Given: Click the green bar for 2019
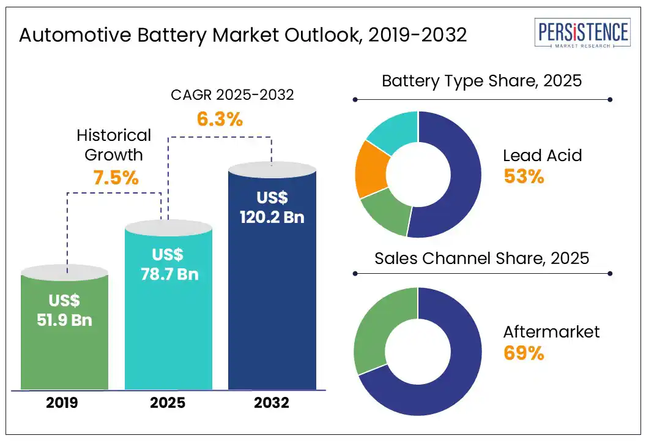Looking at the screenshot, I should tap(65, 355).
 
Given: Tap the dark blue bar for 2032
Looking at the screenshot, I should tap(272, 306).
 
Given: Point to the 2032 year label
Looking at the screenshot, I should tap(272, 404).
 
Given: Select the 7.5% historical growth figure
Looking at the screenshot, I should tap(116, 178).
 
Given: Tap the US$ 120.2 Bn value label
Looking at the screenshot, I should tap(272, 208).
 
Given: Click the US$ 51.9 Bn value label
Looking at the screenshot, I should tap(64, 310).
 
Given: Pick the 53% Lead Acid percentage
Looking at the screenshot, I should tap(524, 176).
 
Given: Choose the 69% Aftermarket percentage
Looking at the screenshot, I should tap(524, 353).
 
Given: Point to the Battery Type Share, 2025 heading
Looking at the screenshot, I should tap(481, 81).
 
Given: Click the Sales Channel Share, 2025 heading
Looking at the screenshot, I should tap(481, 258).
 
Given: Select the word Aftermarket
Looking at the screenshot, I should tap(551, 332).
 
